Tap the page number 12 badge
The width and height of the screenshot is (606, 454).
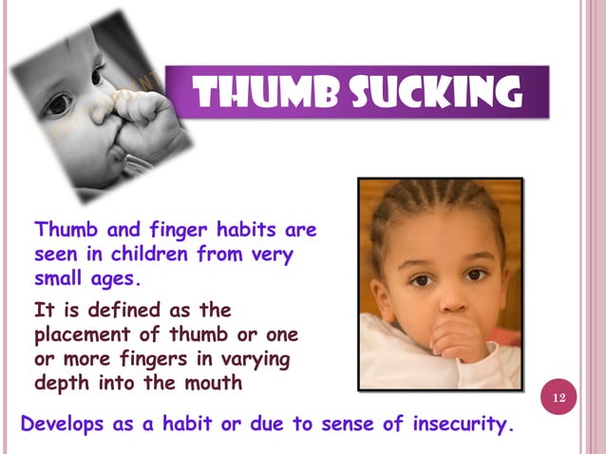point(558,395)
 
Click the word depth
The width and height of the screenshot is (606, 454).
point(60,383)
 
